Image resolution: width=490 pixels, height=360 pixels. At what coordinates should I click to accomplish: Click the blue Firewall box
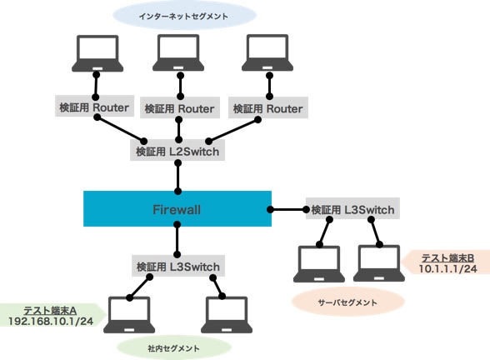(177, 208)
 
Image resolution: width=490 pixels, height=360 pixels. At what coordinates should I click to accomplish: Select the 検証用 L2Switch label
(177, 152)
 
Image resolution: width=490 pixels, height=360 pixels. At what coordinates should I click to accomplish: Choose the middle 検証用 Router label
(179, 107)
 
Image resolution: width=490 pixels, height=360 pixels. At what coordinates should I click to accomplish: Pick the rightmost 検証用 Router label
(267, 107)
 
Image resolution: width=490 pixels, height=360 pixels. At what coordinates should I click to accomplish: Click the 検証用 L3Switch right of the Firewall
(352, 209)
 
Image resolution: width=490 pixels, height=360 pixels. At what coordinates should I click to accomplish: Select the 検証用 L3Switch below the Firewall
(178, 266)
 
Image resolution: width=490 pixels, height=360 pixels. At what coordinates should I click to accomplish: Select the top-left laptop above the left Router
(97, 53)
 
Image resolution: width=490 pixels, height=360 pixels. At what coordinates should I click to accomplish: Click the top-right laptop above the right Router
(267, 53)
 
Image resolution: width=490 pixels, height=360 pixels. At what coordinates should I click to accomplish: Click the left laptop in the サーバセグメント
(318, 262)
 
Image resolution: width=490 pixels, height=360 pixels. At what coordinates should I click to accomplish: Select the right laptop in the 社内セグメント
(227, 315)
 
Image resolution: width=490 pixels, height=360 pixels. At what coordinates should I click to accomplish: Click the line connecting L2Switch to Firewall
(177, 177)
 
